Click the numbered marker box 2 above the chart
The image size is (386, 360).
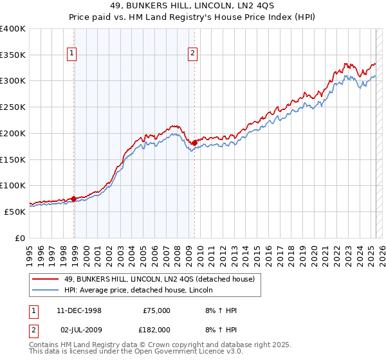[192, 54]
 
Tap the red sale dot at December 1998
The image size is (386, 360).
[74, 199]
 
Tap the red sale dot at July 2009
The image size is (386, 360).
[194, 143]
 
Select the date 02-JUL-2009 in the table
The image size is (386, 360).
[79, 329]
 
